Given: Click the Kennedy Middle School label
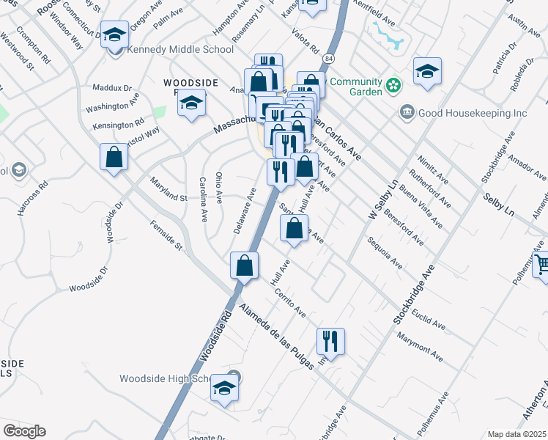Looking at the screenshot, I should pyautogui.click(x=180, y=50).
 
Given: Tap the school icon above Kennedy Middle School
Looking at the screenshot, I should pyautogui.click(x=114, y=34).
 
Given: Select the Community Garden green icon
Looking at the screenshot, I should pyautogui.click(x=393, y=87).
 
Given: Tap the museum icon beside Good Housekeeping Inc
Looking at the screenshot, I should pyautogui.click(x=406, y=112).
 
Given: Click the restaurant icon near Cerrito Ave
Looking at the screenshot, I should pyautogui.click(x=330, y=341).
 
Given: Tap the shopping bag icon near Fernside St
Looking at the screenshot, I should pyautogui.click(x=114, y=157).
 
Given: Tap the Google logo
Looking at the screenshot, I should pyautogui.click(x=24, y=431).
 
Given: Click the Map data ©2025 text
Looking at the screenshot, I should pyautogui.click(x=516, y=434).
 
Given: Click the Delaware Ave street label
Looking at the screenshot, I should pyautogui.click(x=244, y=210).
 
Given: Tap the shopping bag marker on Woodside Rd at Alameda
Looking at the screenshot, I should pyautogui.click(x=245, y=265).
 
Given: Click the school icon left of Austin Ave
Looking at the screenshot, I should pyautogui.click(x=427, y=70).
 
